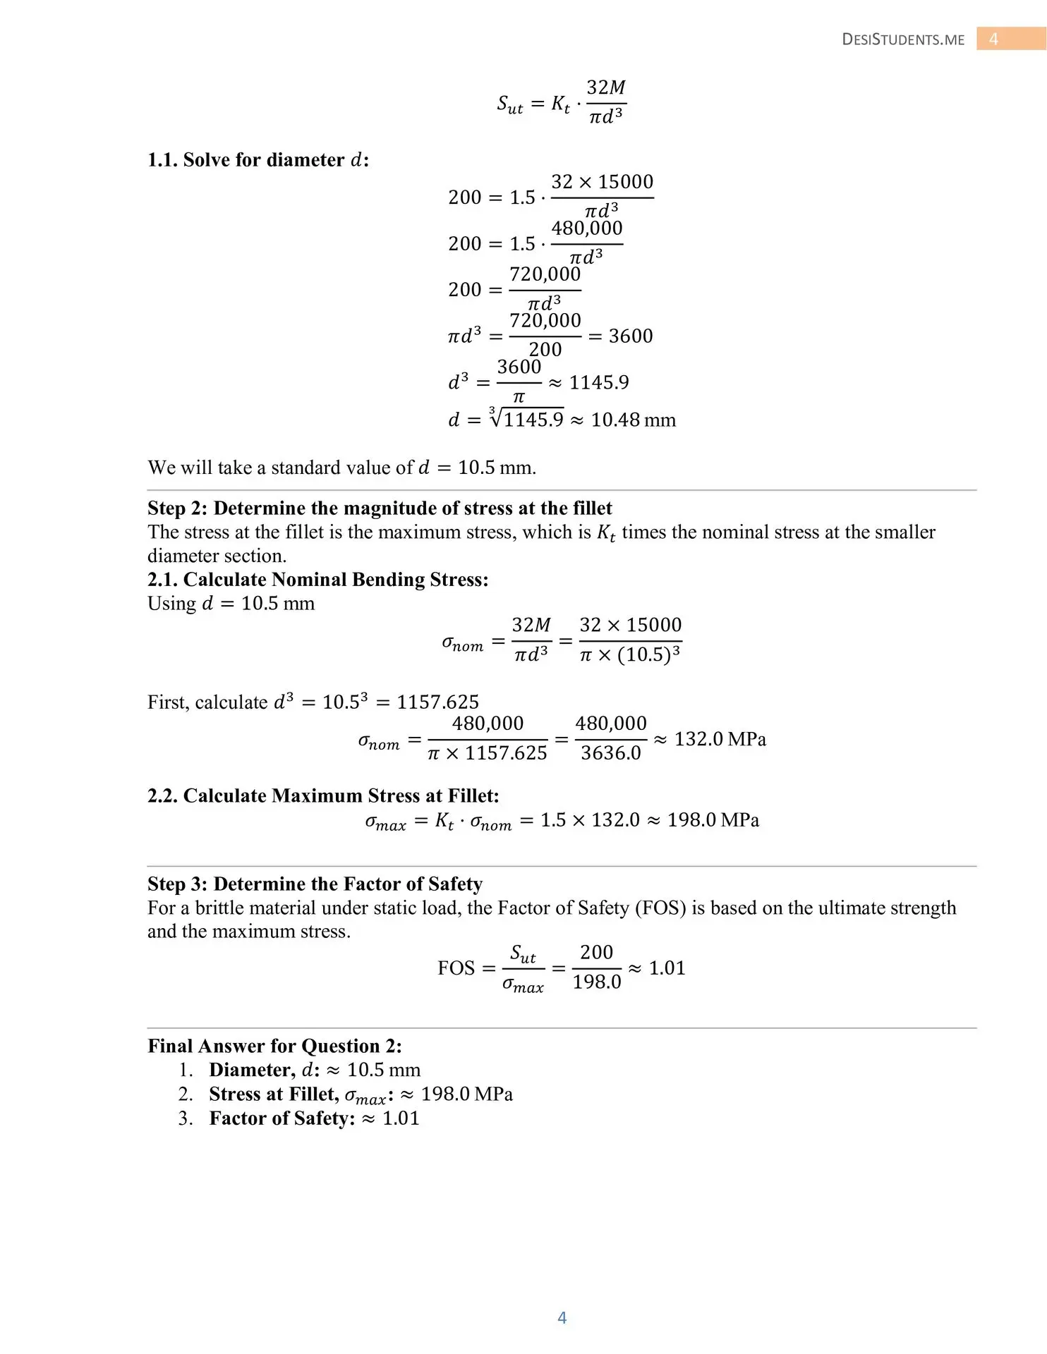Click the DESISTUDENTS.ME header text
(903, 39)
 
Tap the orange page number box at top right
(1010, 39)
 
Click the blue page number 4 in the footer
(562, 1317)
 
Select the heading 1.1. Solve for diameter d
(258, 160)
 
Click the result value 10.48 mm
(633, 420)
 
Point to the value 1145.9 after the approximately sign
(598, 382)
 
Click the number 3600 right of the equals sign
(631, 336)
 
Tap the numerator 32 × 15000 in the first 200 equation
(602, 182)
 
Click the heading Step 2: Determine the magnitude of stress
(380, 508)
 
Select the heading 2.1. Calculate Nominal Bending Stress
(317, 580)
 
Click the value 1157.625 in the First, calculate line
(437, 702)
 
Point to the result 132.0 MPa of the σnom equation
(720, 739)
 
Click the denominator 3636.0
(611, 753)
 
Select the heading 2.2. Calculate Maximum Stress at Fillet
(323, 796)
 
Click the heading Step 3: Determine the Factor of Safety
(315, 884)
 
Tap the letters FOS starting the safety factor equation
(456, 968)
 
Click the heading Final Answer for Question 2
(274, 1046)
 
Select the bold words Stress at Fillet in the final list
(273, 1094)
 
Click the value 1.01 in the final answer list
(401, 1118)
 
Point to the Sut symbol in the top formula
(509, 104)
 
